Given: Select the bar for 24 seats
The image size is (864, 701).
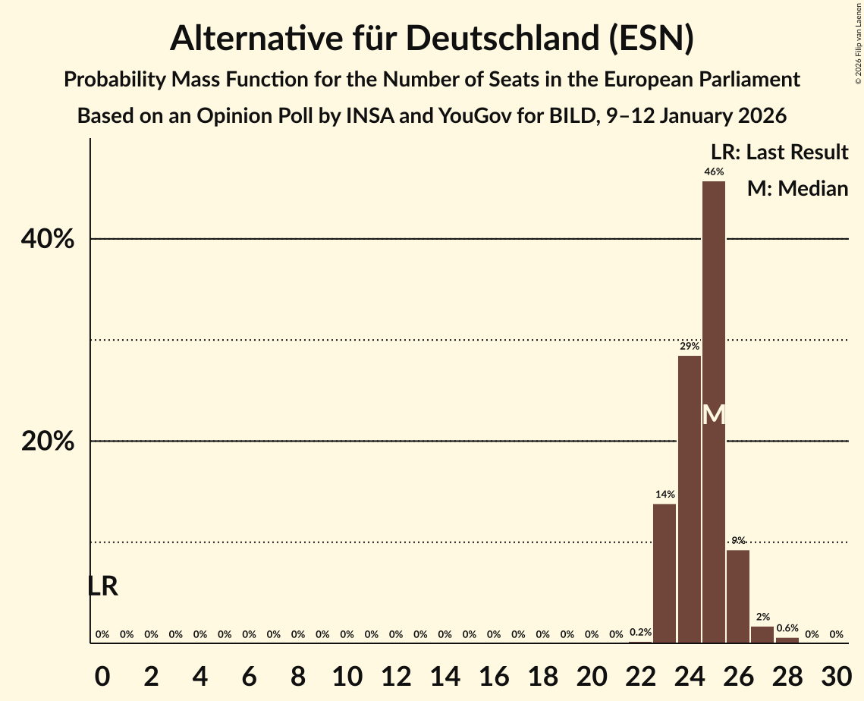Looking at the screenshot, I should [689, 499].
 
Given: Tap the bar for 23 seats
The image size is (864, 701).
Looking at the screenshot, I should [664, 574].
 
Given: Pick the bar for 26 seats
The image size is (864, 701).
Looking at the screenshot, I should [738, 596].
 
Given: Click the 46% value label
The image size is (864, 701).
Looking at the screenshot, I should [713, 172].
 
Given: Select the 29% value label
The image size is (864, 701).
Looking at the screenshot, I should [689, 347].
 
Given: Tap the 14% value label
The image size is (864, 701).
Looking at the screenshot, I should [664, 495].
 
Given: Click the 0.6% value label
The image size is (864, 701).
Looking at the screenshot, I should [787, 628].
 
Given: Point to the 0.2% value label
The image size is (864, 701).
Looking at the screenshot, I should [640, 632].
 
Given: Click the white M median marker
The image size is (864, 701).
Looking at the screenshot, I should [714, 414].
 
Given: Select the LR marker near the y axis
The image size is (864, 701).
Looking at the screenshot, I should [102, 586].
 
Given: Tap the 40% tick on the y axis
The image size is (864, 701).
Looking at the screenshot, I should [47, 240].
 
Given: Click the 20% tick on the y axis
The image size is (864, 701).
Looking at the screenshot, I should [47, 442].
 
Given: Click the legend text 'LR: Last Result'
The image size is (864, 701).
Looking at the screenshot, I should [779, 152].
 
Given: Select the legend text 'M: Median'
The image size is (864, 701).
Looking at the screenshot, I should [797, 188].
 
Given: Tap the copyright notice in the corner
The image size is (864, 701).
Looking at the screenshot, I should [858, 42].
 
